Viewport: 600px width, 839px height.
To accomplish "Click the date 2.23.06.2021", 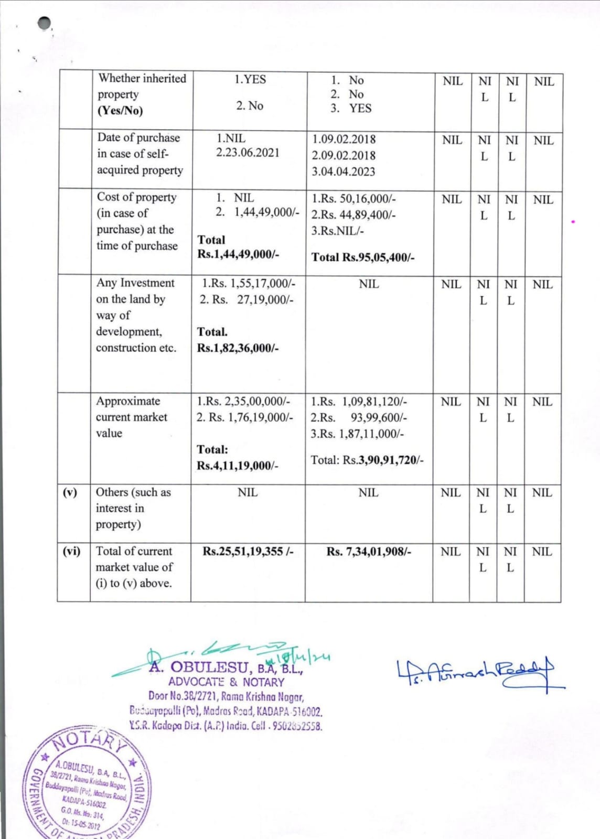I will point(248,153).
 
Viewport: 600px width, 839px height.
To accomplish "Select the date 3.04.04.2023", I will point(344,171).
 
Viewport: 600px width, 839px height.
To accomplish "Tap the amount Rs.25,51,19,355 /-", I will point(248,551).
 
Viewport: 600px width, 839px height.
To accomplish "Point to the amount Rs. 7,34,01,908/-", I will point(369,552).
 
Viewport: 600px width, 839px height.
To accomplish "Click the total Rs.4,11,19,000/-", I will point(238,466).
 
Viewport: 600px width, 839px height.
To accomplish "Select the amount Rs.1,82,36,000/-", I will point(238,348).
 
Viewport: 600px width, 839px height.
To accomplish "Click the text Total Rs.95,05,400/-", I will point(363,257).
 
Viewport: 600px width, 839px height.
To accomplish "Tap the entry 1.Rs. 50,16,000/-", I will point(353,199).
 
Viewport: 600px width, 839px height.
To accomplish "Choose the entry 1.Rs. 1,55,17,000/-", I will point(249,284).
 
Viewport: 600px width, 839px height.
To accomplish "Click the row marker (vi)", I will point(72,551).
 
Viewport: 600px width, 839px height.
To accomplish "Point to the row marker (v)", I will point(70,492).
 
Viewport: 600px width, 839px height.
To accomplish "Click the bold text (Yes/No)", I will point(120,111).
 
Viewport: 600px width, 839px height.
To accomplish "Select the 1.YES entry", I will point(250,80).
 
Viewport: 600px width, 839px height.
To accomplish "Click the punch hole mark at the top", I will point(45,23).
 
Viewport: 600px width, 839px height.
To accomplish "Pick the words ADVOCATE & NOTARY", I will point(226,682).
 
